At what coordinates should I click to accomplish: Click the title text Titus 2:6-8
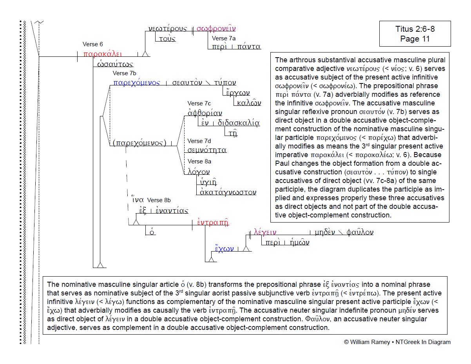(x=415, y=29)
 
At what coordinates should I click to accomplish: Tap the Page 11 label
(x=415, y=39)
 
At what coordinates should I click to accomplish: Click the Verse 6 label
(x=93, y=44)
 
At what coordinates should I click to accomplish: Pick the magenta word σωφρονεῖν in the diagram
(x=216, y=28)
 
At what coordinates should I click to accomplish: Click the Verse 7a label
(x=224, y=38)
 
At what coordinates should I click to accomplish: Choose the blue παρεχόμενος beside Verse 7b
(x=136, y=83)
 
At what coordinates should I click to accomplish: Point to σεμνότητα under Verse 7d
(x=207, y=150)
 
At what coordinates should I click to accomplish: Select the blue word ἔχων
(x=224, y=248)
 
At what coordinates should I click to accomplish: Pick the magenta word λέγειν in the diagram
(x=265, y=232)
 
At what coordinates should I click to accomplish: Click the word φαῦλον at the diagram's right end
(x=360, y=232)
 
